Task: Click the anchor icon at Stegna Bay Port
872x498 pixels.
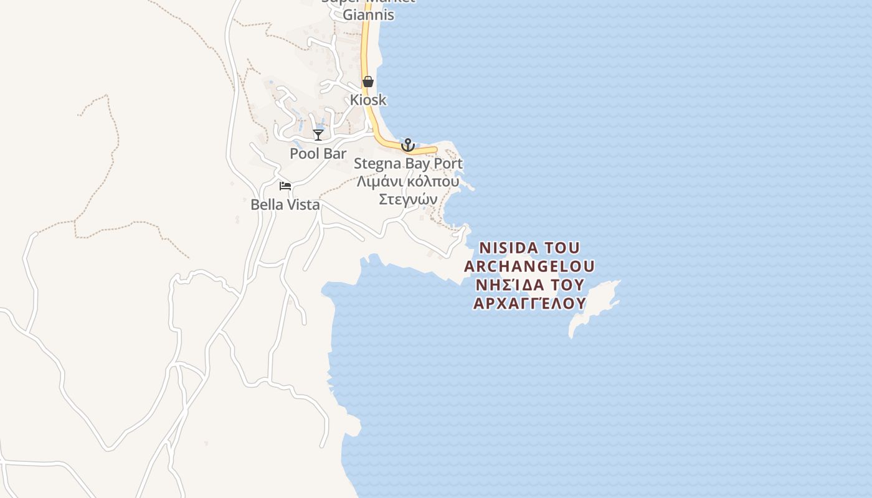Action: (x=408, y=145)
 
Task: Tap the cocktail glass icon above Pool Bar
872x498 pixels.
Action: (x=318, y=134)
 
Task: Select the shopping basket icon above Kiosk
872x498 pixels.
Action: (x=368, y=82)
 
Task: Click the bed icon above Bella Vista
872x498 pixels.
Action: (x=285, y=186)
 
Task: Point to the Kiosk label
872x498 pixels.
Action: (x=368, y=100)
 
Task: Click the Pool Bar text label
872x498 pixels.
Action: (x=318, y=153)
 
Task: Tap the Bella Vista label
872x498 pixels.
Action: (x=285, y=204)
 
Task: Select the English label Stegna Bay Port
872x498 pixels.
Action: (x=408, y=164)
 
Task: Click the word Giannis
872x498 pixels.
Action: (x=369, y=14)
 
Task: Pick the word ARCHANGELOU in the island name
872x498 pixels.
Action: (x=529, y=266)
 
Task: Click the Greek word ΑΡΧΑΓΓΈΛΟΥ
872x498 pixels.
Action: (x=529, y=303)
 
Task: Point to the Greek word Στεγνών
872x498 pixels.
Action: (x=408, y=199)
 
